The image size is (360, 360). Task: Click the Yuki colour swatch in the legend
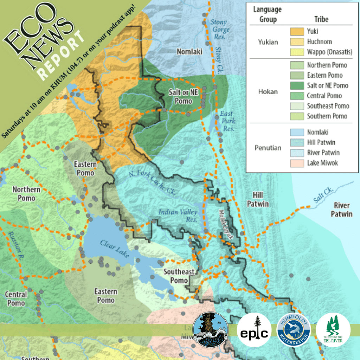tap(297, 32)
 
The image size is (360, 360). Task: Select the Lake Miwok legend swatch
tap(297, 163)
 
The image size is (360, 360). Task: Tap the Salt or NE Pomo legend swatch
tap(297, 85)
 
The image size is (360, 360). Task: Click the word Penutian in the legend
tap(268, 148)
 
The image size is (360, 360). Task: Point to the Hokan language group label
tap(268, 91)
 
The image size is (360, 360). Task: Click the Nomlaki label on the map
tap(189, 52)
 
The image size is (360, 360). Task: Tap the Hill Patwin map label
tap(258, 199)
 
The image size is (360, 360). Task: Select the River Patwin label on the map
tap(342, 210)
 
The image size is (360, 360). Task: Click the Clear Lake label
tap(115, 249)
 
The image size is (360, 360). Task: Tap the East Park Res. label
tap(227, 121)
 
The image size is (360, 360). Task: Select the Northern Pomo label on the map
tap(26, 194)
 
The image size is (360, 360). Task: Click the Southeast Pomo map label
tap(179, 276)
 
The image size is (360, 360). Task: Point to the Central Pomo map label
tap(16, 298)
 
